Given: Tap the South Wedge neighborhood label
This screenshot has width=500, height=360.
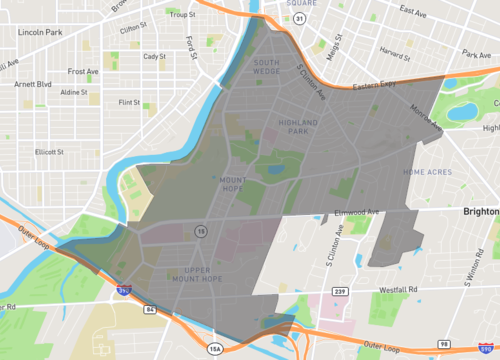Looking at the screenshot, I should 266,67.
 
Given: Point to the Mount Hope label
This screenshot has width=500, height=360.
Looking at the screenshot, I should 233,185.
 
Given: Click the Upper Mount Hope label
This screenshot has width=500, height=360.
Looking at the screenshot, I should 209,275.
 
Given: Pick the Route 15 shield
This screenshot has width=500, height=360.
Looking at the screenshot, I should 202,232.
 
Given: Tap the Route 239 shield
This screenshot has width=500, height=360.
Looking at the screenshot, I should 340,290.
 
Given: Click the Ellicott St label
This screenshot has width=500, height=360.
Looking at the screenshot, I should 49,152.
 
